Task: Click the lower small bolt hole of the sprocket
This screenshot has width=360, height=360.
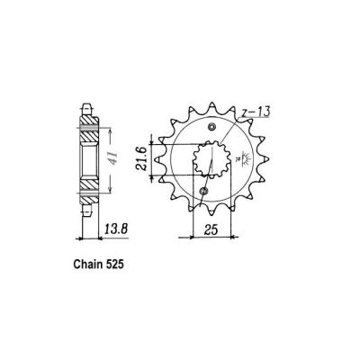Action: pos(202,193)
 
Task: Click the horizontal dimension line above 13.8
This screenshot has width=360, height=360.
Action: pos(90,239)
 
